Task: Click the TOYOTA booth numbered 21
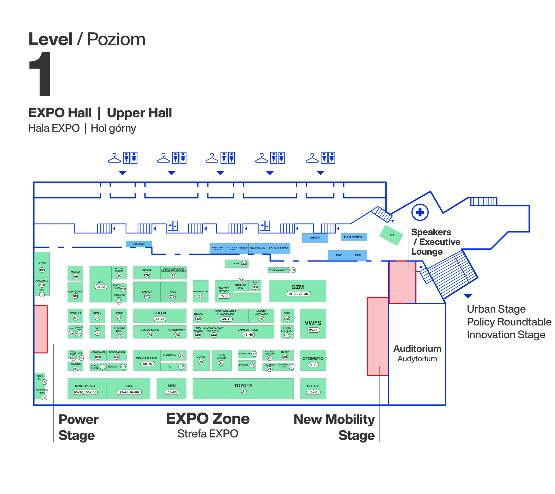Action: click(x=243, y=388)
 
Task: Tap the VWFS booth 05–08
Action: click(x=313, y=323)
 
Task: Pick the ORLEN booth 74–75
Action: click(x=160, y=316)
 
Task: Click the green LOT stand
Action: click(x=391, y=235)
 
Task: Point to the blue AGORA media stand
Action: click(x=315, y=237)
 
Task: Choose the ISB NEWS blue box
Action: click(x=139, y=244)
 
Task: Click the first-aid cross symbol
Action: click(x=420, y=212)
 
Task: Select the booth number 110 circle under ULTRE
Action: click(x=42, y=270)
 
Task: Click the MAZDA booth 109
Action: click(x=75, y=273)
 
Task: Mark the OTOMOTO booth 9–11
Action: click(x=313, y=361)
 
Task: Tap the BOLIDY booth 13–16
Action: click(x=313, y=389)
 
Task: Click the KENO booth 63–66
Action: click(x=172, y=389)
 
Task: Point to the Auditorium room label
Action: click(x=417, y=349)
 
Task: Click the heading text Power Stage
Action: click(x=78, y=427)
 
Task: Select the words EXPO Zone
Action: click(x=208, y=419)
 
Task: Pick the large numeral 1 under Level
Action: click(x=41, y=74)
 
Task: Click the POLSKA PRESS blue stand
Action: click(x=278, y=248)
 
